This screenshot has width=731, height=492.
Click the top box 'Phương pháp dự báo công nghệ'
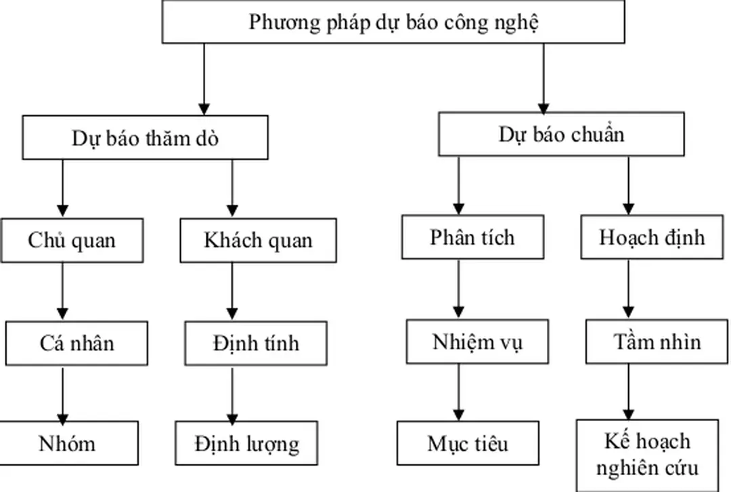[x=393, y=22]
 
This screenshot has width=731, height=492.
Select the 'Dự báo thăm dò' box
[x=145, y=138]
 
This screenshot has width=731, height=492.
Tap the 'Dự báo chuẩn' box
[x=562, y=134]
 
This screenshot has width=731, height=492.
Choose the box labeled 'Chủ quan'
[x=72, y=240]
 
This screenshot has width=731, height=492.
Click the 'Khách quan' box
[x=258, y=240]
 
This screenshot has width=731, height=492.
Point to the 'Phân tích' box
[x=472, y=237]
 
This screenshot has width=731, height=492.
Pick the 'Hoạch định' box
[x=652, y=237]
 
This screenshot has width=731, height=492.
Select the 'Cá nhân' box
[x=76, y=343]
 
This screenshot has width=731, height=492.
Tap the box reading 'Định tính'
[x=255, y=343]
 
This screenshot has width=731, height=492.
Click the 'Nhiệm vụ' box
[x=477, y=342]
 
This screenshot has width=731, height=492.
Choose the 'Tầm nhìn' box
[x=657, y=342]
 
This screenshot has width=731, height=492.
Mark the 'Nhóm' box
[x=68, y=443]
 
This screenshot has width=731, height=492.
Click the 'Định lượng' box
[x=246, y=443]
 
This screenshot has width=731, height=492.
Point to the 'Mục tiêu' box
[x=468, y=443]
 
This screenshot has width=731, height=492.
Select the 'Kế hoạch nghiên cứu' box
[x=648, y=454]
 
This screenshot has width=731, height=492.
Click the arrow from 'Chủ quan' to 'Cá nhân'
[x=63, y=291]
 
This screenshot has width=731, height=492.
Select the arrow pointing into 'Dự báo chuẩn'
[x=544, y=78]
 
